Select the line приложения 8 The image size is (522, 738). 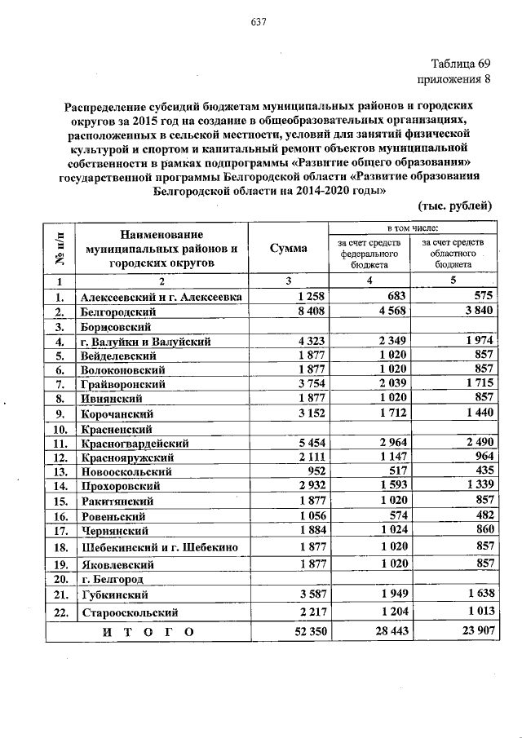454,80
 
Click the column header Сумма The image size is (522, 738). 289,248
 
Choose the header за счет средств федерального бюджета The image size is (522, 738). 370,253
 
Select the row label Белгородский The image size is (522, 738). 122,312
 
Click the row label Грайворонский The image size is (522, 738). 123,384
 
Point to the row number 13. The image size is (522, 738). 60,471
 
